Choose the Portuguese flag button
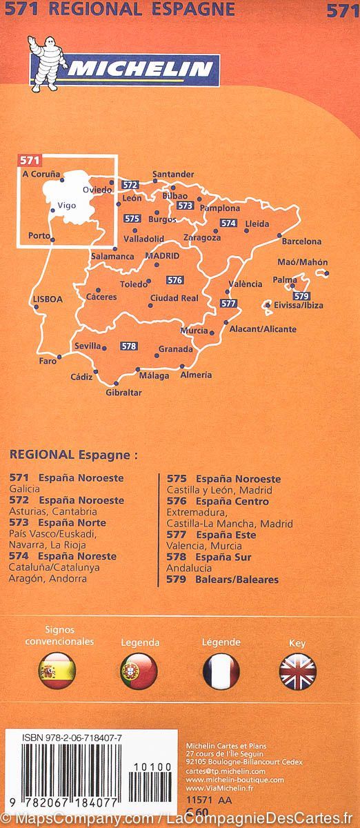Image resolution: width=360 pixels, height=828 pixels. coord(139,670)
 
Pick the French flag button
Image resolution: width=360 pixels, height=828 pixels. coord(221,670)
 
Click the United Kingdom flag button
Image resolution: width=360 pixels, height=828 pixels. coord(297,670)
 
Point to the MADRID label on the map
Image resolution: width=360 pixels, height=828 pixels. coord(162,256)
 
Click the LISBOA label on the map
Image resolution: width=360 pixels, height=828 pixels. coord(48,299)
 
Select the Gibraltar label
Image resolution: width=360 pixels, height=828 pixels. coord(123,393)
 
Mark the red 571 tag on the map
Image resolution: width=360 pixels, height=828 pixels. coord(29,160)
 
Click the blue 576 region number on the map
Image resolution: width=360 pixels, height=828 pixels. coord(174,280)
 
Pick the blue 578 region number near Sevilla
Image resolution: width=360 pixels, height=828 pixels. coord(128,346)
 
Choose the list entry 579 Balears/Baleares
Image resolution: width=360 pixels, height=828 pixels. coord(222,580)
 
